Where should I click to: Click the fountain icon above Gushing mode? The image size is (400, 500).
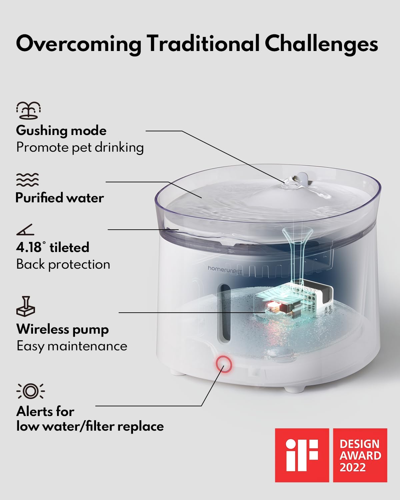(x=28, y=110)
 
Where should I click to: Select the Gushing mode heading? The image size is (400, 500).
(x=61, y=130)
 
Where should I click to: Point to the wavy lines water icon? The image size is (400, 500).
(x=27, y=180)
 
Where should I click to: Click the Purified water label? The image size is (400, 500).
(x=60, y=198)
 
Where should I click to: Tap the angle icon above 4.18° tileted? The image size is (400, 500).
(x=25, y=230)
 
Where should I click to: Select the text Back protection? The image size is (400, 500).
(x=63, y=264)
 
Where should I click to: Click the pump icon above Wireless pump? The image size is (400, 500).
(x=26, y=306)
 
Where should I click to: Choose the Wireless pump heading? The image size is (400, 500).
(x=63, y=329)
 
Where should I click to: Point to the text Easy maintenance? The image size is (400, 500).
(x=72, y=346)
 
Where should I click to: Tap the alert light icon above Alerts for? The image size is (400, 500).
(x=30, y=391)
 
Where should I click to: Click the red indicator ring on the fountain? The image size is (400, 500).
(x=224, y=364)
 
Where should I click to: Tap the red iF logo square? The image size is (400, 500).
(x=302, y=455)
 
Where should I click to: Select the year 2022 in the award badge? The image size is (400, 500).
(x=353, y=467)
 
